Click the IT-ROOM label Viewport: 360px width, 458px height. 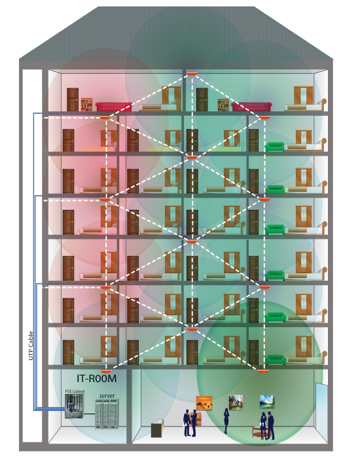tap(97, 379)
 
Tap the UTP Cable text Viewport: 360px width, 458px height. tap(31, 345)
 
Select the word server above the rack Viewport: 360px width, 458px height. tap(107, 396)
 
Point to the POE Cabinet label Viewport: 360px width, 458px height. tap(75, 391)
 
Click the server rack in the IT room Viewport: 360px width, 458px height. tap(107, 414)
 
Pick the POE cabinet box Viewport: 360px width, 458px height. tap(74, 406)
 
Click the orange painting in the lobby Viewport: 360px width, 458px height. tap(204, 403)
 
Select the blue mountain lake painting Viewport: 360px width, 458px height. tap(267, 402)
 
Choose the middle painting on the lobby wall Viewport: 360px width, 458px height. tap(236, 402)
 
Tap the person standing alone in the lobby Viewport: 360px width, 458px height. tap(226, 421)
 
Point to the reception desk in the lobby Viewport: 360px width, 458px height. tap(157, 428)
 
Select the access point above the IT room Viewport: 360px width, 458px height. tap(106, 371)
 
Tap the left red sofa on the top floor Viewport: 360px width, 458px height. tap(113, 106)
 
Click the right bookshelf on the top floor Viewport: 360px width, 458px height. tap(223, 105)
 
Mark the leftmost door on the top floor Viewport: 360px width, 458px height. tap(73, 99)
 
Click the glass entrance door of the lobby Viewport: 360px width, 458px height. tap(321, 412)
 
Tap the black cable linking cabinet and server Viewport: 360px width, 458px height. tap(90, 414)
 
